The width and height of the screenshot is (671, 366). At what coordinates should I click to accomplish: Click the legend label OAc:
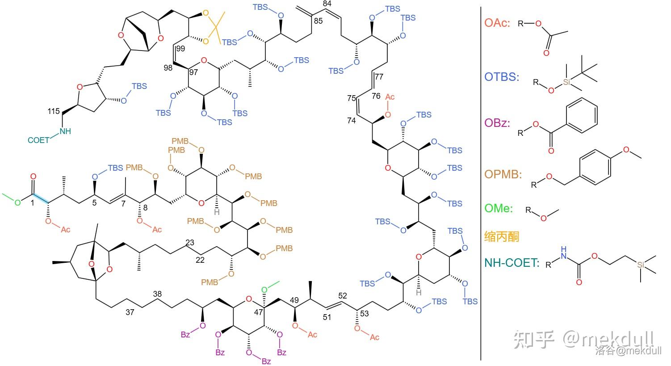(x=497, y=23)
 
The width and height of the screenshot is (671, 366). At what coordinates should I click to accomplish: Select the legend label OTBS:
(x=502, y=77)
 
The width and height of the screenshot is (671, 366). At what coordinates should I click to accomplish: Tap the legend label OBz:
(x=497, y=123)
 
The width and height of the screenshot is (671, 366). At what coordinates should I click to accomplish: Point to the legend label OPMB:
(x=503, y=174)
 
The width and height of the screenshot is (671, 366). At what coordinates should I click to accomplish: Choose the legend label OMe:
(x=499, y=208)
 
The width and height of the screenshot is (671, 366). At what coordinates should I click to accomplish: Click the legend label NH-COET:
(x=512, y=263)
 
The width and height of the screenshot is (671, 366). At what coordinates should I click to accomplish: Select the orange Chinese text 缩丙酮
(x=501, y=237)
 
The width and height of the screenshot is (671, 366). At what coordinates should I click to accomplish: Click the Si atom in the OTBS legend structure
(x=566, y=82)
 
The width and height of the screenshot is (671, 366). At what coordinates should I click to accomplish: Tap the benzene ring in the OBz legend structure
(x=582, y=115)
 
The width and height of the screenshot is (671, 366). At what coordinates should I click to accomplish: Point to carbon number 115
(x=54, y=111)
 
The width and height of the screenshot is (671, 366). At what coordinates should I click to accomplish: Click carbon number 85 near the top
(x=318, y=21)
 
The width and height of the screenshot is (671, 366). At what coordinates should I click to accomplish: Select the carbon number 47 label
(x=258, y=312)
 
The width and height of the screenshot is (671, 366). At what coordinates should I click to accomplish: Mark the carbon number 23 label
(x=190, y=242)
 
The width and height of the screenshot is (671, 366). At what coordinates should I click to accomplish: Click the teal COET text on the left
(x=38, y=140)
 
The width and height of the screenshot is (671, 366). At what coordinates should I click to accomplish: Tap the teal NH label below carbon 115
(x=65, y=131)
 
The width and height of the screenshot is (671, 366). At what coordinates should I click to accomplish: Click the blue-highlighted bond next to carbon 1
(x=41, y=199)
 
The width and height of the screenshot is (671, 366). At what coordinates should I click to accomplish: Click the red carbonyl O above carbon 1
(x=33, y=177)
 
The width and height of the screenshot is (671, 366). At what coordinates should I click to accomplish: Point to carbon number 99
(x=180, y=49)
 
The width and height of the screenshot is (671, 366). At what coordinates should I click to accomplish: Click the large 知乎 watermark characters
(x=534, y=339)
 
